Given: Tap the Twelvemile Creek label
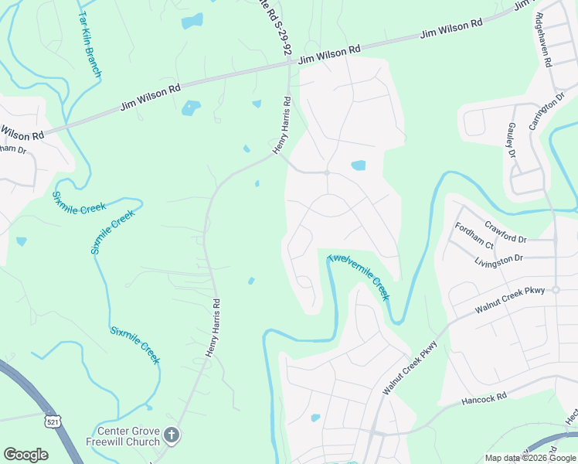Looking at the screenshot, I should [x=359, y=278].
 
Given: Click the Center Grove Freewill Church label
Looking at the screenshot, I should [x=127, y=436].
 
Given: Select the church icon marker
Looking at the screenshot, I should [x=172, y=436].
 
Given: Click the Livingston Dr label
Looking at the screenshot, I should [x=498, y=260].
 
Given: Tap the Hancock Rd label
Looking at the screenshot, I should [x=484, y=398].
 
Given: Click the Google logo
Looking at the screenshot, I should [x=26, y=455].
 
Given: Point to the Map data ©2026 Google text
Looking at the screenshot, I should [x=531, y=458].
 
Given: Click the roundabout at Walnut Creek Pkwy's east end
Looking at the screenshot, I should [x=555, y=290].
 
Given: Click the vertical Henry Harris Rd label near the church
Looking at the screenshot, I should [x=212, y=328].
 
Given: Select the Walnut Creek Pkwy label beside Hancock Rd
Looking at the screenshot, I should [x=410, y=369].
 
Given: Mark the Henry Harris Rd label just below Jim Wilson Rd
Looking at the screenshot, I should [x=280, y=123].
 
